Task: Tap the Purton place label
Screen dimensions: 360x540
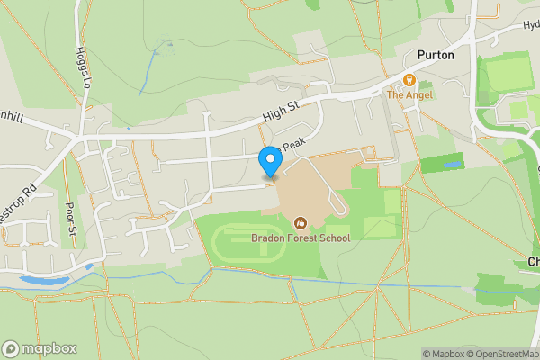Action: pyautogui.click(x=435, y=55)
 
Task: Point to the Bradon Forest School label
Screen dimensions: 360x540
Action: pyautogui.click(x=301, y=238)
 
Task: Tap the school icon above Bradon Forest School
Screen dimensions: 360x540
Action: pyautogui.click(x=300, y=221)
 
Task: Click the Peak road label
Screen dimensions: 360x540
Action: pyautogui.click(x=294, y=145)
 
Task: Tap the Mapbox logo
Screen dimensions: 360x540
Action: pyautogui.click(x=40, y=348)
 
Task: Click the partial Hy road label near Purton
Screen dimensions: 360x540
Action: pyautogui.click(x=531, y=25)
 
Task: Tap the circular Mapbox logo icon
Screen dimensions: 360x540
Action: pyautogui.click(x=11, y=348)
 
